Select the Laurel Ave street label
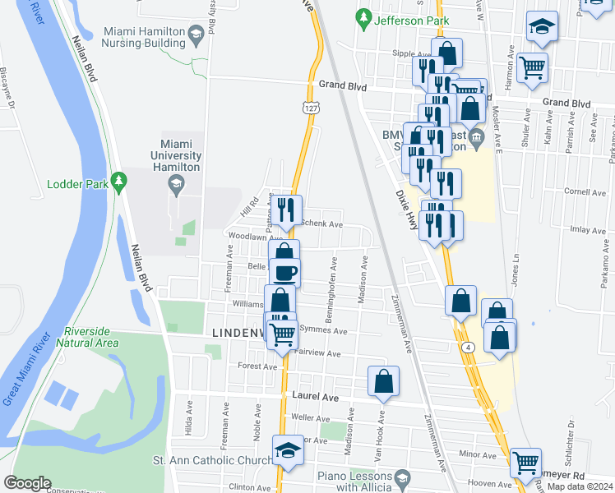pos(316,396)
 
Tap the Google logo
pos(27,483)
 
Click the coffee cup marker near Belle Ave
pos(284,273)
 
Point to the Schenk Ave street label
pos(322,223)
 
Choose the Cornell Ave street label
pos(585,192)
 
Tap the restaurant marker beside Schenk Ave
pos(286,210)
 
